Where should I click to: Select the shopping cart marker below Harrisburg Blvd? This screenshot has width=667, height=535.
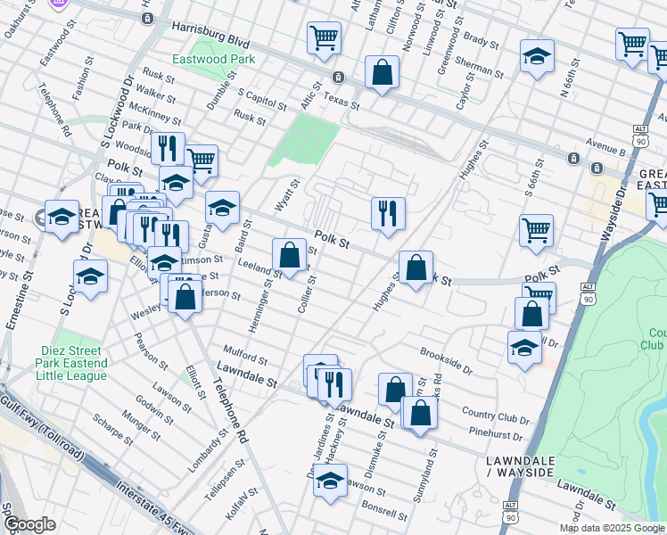(325, 37)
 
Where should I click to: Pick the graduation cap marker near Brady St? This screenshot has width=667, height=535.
(537, 55)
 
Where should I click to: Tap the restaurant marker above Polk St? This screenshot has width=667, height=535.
(388, 213)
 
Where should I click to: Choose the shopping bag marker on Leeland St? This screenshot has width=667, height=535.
(289, 255)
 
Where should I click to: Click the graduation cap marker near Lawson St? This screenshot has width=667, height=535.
(331, 480)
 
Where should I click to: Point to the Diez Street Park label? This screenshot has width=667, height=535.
(71, 363)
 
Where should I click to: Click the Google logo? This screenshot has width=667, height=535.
(29, 524)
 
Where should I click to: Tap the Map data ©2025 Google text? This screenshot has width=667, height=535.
(612, 528)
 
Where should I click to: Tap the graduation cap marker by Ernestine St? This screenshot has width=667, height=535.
(62, 217)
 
